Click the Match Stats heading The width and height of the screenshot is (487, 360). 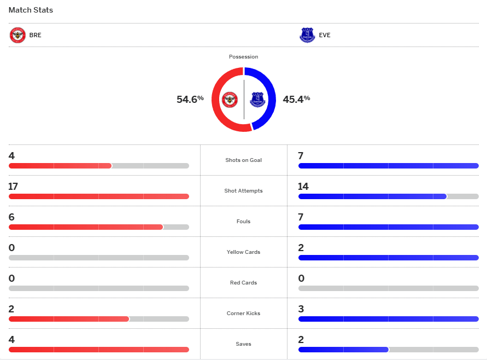point(31,10)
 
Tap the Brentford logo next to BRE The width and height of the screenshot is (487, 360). point(17,35)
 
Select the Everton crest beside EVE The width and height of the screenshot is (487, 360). point(307,35)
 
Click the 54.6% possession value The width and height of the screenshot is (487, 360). point(190,100)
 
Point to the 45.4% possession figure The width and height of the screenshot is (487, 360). point(296,100)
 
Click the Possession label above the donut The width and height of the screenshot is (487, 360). point(243,57)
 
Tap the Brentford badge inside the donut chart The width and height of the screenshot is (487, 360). point(230,100)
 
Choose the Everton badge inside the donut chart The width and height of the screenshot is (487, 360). point(257,100)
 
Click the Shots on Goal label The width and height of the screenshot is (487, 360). point(243,160)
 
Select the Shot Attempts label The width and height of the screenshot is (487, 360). point(243,191)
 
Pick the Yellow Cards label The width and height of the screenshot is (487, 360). point(243,252)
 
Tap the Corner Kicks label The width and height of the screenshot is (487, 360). point(243,313)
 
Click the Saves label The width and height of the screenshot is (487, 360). point(243,344)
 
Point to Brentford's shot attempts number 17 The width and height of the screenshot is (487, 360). point(13,187)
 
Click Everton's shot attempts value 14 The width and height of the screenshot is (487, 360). point(303,187)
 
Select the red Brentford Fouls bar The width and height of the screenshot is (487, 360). point(85,227)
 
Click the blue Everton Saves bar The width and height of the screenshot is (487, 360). point(343,350)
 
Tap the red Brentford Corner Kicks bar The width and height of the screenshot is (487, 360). point(68,319)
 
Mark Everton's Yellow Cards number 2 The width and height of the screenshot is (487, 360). point(301,248)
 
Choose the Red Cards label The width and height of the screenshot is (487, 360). point(243,283)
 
